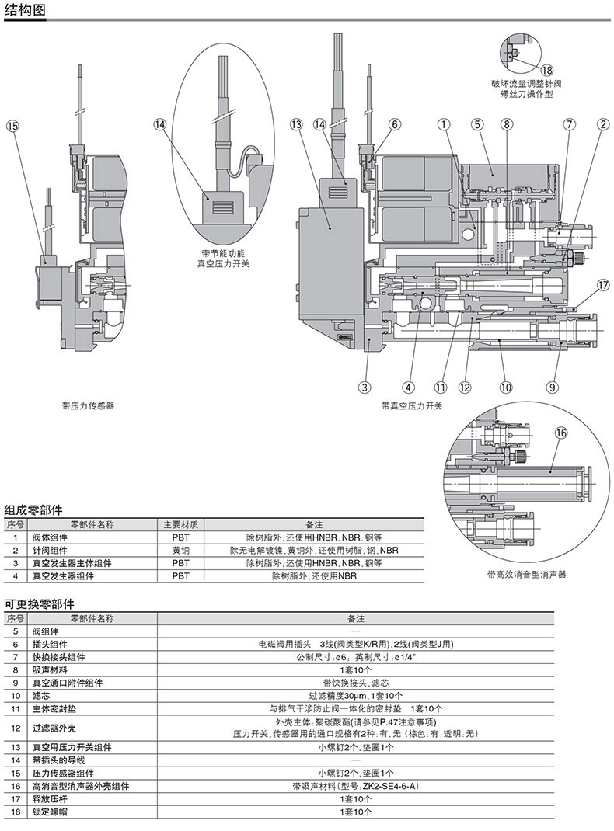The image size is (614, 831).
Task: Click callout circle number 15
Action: [x=12, y=123]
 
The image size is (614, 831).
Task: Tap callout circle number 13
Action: [x=295, y=123]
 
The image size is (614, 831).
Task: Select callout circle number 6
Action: [x=394, y=123]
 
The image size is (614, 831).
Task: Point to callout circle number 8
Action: [x=506, y=123]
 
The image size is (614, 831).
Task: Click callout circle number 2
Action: [x=602, y=123]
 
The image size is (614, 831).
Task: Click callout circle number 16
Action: [x=561, y=433]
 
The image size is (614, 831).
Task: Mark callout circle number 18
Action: [x=546, y=70]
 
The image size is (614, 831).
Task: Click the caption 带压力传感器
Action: [x=88, y=405]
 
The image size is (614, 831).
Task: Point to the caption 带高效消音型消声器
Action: [x=527, y=575]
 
